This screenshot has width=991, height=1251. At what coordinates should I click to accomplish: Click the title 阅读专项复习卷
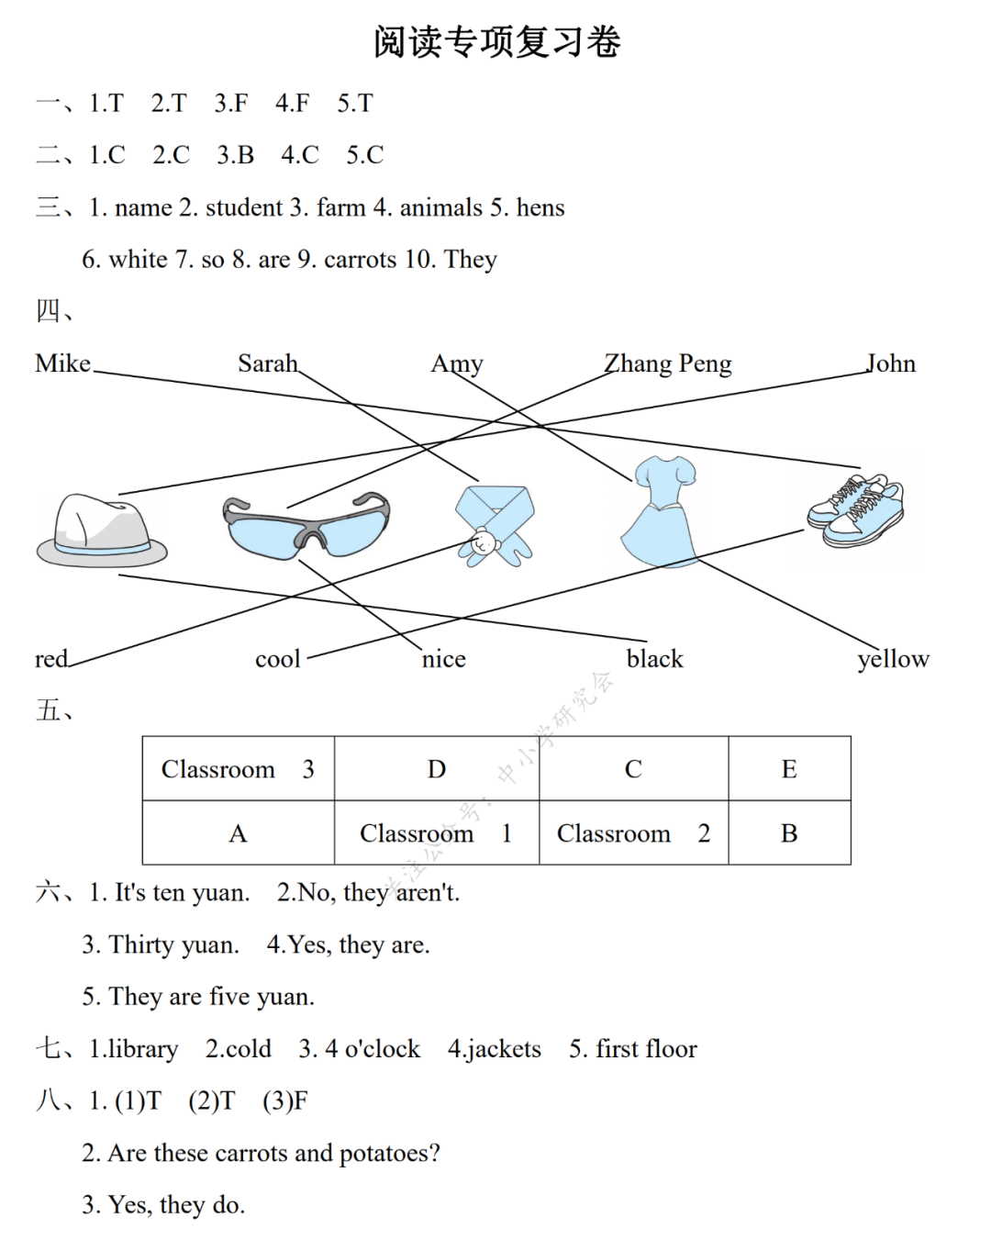pyautogui.click(x=496, y=42)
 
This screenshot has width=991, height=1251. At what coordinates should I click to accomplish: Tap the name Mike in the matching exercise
pyautogui.click(x=62, y=363)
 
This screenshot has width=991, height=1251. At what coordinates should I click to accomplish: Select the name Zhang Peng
pyautogui.click(x=667, y=364)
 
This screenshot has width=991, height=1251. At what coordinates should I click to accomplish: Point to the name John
pyautogui.click(x=891, y=363)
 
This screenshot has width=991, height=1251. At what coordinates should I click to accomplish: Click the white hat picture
pyautogui.click(x=101, y=531)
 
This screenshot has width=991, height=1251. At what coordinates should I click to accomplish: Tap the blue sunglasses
pyautogui.click(x=306, y=527)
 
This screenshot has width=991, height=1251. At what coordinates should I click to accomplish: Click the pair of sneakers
pyautogui.click(x=855, y=510)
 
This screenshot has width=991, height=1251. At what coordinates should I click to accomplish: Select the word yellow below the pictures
pyautogui.click(x=893, y=659)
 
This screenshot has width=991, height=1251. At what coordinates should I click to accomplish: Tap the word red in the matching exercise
pyautogui.click(x=51, y=659)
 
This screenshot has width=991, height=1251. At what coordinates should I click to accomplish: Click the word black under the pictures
pyautogui.click(x=654, y=659)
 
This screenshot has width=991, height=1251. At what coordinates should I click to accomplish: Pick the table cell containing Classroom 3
pyautogui.click(x=238, y=769)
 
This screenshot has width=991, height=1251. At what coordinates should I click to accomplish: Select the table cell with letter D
pyautogui.click(x=437, y=769)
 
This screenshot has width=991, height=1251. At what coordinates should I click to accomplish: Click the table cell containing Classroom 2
pyautogui.click(x=633, y=833)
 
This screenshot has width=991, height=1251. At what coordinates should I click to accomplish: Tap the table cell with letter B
pyautogui.click(x=789, y=833)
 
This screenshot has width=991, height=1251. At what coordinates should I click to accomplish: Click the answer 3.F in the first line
pyautogui.click(x=231, y=103)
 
